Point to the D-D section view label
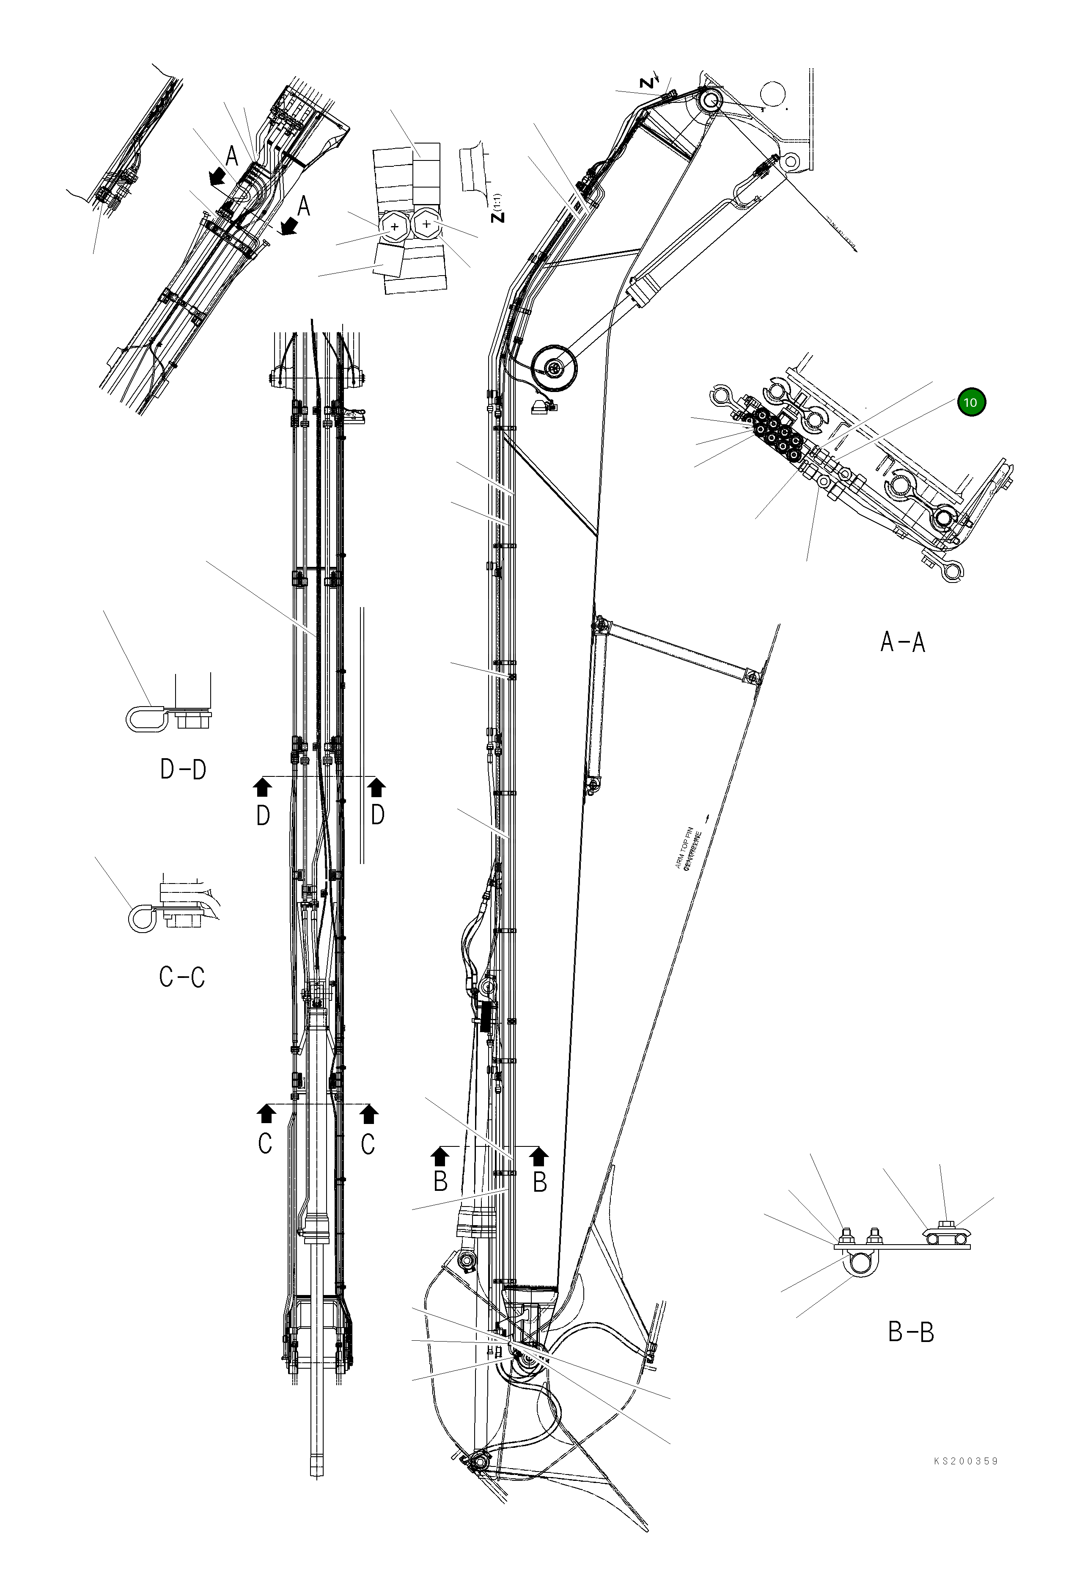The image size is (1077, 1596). coord(183,770)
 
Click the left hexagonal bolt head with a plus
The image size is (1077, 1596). coord(393,226)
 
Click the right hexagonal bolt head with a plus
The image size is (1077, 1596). coord(427,223)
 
